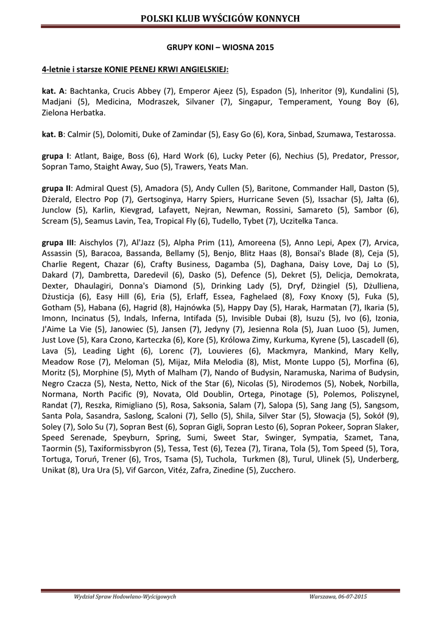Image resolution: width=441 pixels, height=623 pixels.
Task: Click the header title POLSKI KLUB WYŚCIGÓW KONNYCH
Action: [x=220, y=19]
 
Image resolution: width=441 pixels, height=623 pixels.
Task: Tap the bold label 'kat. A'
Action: [x=53, y=91]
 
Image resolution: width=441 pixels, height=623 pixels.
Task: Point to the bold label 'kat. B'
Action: [x=52, y=134]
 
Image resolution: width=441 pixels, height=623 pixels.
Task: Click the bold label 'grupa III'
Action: [x=58, y=242]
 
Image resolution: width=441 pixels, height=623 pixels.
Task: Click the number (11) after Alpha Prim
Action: [x=226, y=242]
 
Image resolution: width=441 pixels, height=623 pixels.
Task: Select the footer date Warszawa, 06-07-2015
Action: [x=338, y=597]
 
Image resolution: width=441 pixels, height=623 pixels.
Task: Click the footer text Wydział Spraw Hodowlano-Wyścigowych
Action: [x=125, y=597]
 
